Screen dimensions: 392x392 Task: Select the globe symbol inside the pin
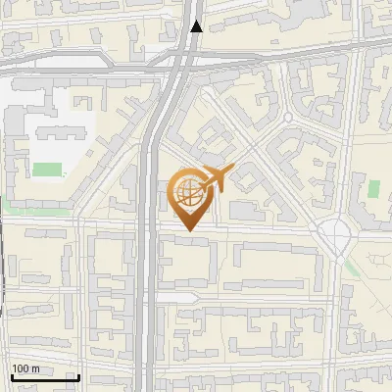(x=188, y=192)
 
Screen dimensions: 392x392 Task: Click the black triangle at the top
(x=197, y=26)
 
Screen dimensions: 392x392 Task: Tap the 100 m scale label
(x=25, y=368)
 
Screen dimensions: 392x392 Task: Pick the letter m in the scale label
(x=35, y=368)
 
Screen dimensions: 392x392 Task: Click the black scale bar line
(x=45, y=377)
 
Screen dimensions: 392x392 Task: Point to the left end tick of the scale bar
(x=12, y=375)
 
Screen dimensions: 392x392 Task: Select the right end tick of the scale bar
(x=78, y=375)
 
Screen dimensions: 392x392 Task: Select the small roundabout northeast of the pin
(x=288, y=117)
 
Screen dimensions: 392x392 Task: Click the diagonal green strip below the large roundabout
(x=352, y=267)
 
